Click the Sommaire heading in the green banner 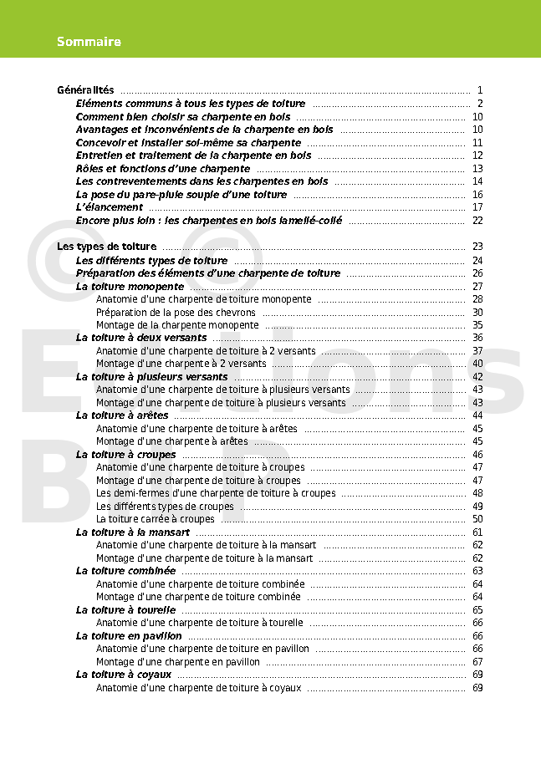pos(89,42)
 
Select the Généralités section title pos(85,90)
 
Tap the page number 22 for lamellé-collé pos(477,221)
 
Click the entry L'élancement pos(110,207)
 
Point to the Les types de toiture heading pos(106,247)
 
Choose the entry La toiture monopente pos(130,286)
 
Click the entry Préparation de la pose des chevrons pos(176,313)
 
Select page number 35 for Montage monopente pos(477,325)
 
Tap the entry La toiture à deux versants pos(141,338)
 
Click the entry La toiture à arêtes pos(122,415)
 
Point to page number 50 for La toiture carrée pos(477,519)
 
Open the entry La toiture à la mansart pos(133,532)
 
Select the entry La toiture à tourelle pos(125,610)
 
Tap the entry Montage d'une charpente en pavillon pos(178,662)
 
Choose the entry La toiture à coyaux pos(124,675)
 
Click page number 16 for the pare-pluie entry pos(477,195)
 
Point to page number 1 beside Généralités pos(480,90)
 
